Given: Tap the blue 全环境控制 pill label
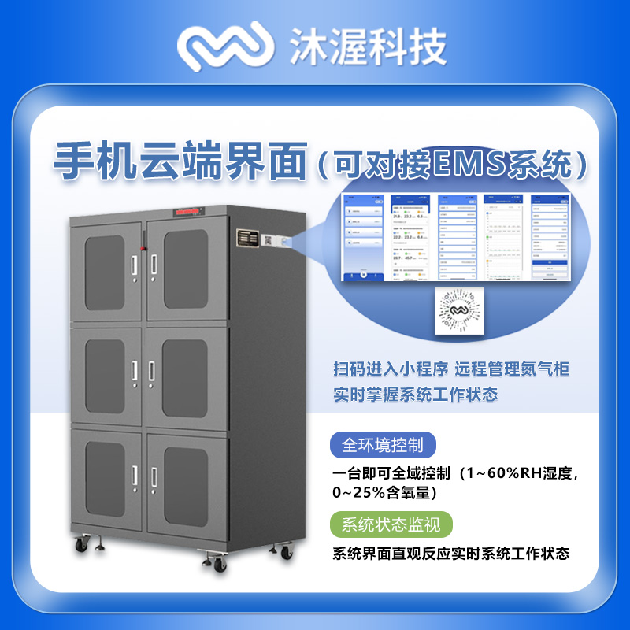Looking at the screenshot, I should coord(383,445).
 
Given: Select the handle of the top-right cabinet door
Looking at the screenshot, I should coord(154,266).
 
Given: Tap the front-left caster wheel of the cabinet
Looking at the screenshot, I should coord(81,544).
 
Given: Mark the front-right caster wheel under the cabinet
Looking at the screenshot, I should coord(217,561).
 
